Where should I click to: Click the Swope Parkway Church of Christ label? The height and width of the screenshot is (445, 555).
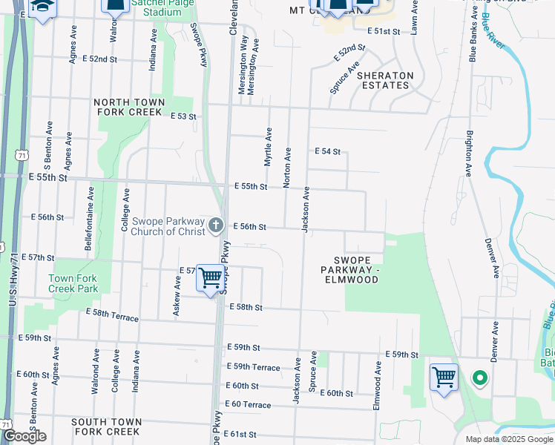tap(167, 226)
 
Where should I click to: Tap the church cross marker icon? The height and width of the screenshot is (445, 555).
tap(216, 225)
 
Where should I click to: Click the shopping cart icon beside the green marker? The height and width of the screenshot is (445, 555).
tap(444, 378)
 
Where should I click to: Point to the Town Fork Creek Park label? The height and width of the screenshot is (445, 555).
tap(73, 283)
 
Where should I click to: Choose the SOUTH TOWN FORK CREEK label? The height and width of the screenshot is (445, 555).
tap(105, 426)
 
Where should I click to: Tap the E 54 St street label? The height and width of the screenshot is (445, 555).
tap(327, 151)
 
